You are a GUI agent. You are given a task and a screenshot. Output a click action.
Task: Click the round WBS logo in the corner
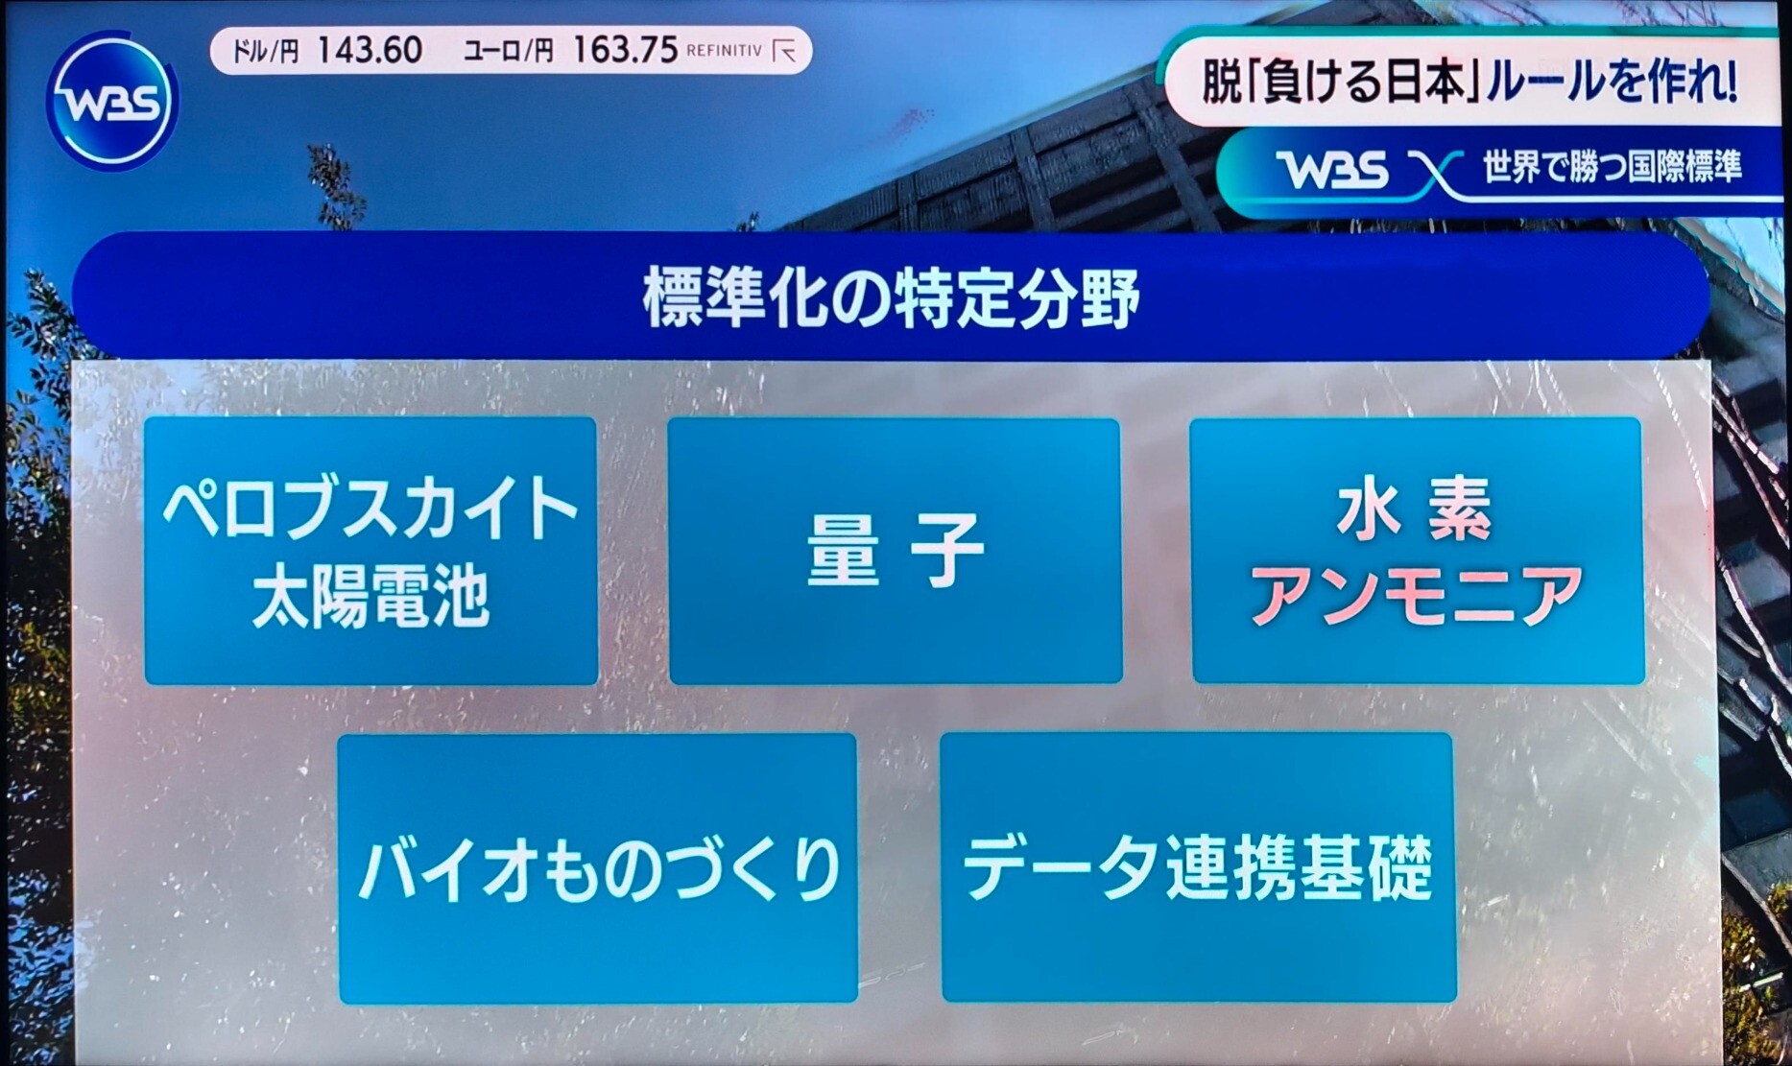click(112, 101)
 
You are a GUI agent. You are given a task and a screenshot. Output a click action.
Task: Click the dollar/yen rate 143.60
click(370, 50)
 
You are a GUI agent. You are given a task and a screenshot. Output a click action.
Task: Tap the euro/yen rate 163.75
click(625, 50)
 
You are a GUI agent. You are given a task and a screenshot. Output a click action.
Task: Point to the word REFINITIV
click(725, 51)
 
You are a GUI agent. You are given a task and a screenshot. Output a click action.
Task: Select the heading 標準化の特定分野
click(892, 298)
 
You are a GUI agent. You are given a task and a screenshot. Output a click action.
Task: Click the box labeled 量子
click(895, 551)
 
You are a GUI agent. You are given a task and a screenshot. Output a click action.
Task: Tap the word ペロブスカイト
click(370, 509)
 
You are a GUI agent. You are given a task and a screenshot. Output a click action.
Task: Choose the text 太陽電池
click(370, 597)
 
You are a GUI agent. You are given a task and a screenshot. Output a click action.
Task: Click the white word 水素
click(1415, 509)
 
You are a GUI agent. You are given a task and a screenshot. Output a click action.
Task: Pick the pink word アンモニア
click(1416, 595)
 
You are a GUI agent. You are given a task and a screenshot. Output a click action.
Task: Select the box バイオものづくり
click(598, 868)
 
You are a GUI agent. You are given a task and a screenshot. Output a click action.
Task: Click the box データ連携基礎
click(1198, 867)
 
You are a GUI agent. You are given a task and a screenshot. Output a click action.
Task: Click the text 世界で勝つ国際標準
click(1613, 167)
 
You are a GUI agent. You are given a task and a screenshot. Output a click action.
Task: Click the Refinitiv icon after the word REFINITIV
click(785, 51)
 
